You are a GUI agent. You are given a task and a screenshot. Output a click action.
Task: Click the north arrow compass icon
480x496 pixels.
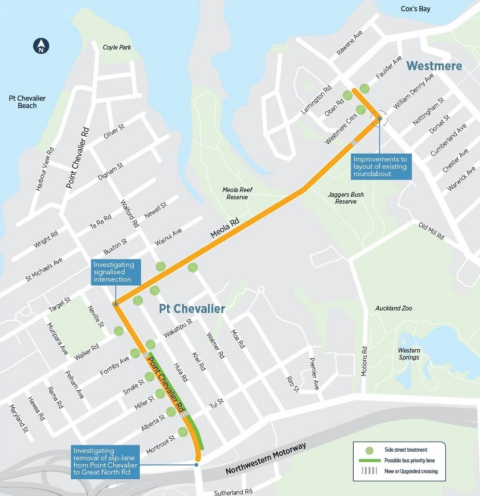(41, 46)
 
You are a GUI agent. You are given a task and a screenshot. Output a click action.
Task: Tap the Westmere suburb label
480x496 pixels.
(434, 66)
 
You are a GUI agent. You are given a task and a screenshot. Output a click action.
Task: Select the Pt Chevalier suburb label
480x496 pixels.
(192, 309)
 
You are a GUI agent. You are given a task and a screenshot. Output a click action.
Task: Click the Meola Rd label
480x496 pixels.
(225, 229)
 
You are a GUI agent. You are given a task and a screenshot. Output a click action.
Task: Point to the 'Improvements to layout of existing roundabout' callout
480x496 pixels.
(380, 166)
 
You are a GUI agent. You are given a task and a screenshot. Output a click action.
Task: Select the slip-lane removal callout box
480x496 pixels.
(106, 462)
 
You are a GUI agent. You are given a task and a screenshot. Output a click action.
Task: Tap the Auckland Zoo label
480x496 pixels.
(394, 308)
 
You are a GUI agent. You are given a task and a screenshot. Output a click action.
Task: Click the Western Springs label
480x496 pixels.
(409, 354)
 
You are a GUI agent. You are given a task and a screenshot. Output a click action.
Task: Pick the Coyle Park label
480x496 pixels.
(117, 47)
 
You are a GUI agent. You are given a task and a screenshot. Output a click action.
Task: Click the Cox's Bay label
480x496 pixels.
(415, 9)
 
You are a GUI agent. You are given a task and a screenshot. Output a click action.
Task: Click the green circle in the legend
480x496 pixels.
(369, 450)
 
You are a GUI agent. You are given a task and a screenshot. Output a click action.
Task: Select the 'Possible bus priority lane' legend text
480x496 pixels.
(409, 461)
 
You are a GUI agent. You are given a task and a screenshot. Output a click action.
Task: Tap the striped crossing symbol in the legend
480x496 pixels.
(369, 471)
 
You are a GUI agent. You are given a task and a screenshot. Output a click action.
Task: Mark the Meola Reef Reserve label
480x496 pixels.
(238, 194)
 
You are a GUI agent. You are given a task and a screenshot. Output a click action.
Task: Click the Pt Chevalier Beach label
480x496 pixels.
(27, 102)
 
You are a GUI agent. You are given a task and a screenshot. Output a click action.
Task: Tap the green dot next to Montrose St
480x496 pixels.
(183, 432)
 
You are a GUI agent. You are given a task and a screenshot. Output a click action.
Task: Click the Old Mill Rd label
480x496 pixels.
(431, 232)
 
